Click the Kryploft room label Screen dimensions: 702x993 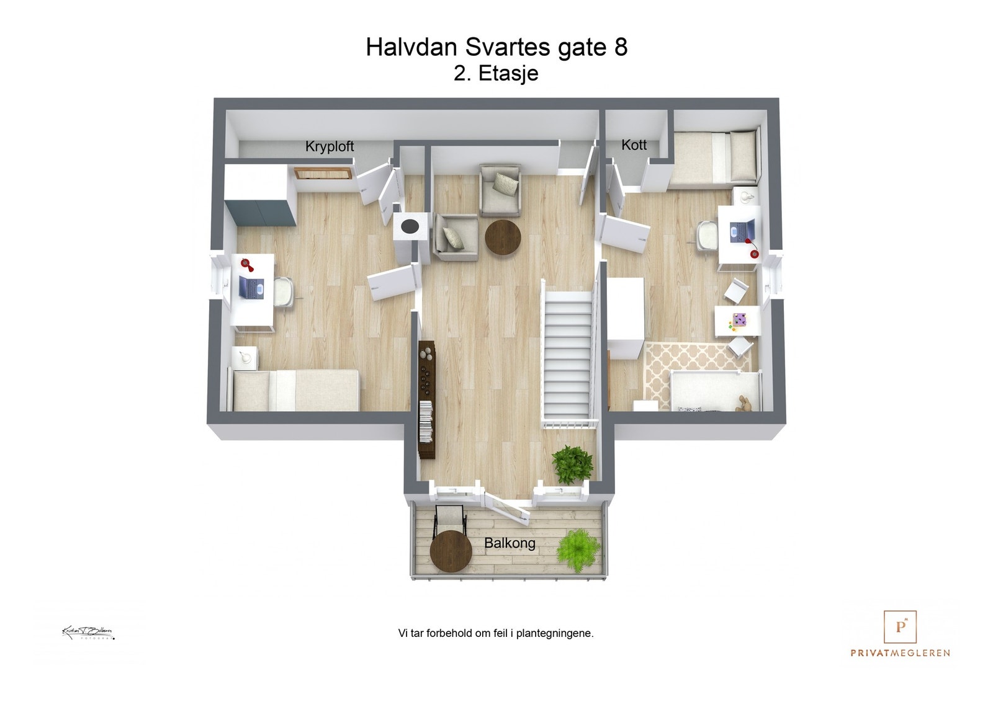pos(329,146)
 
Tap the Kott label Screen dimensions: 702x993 pos(634,145)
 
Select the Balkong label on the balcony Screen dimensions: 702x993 pos(510,543)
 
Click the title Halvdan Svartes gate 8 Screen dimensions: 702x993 pos(496,47)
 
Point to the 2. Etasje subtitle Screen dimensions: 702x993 pos(496,73)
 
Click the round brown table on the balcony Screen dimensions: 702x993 pos(451,551)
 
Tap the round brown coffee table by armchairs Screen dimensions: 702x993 pos(503,238)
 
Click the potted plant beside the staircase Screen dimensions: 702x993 pos(572,463)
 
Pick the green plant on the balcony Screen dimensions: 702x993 pos(578,548)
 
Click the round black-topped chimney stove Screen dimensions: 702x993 pos(409,226)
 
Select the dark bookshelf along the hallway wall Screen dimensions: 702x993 pos(426,400)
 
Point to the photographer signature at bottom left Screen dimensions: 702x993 pos(88,633)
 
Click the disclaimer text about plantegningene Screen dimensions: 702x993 pos(496,633)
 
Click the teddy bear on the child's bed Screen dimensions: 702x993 pos(744,404)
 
